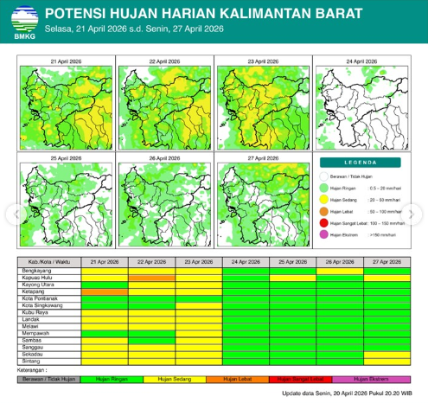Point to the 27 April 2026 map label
pyautogui.click(x=263, y=159)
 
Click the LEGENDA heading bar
pyautogui.click(x=361, y=162)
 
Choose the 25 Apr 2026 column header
pyautogui.click(x=292, y=261)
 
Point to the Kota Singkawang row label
pyautogui.click(x=42, y=305)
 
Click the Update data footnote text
pyautogui.click(x=343, y=393)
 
